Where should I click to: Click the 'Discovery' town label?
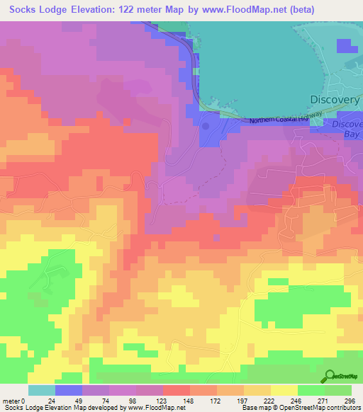(335, 100)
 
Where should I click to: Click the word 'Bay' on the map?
(352, 134)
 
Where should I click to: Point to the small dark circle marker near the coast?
(206, 126)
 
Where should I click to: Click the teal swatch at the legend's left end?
(42, 390)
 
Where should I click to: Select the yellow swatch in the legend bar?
(284, 390)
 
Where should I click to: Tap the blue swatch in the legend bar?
(69, 390)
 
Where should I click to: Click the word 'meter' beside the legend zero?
(12, 400)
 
